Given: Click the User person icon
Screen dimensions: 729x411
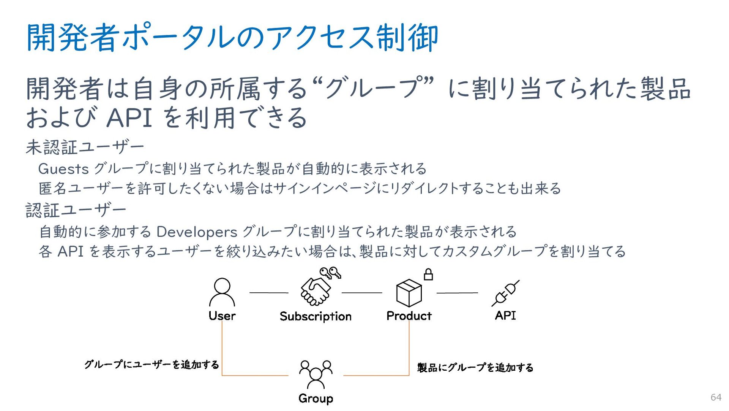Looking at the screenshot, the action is click(x=222, y=292).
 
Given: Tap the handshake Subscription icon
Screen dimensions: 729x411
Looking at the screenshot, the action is click(x=316, y=291).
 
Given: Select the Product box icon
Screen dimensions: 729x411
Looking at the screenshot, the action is click(x=409, y=293).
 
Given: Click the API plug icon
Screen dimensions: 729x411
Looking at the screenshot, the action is click(x=505, y=293).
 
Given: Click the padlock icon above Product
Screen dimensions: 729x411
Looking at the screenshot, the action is click(x=428, y=274).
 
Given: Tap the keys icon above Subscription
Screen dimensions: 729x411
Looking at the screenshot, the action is click(x=330, y=273).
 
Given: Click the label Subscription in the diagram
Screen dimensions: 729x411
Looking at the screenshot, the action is click(x=316, y=316).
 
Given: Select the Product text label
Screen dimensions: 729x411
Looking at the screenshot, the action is click(x=409, y=316).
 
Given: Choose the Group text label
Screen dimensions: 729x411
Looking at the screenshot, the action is click(x=316, y=398).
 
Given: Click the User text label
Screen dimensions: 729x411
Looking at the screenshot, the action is click(x=222, y=316).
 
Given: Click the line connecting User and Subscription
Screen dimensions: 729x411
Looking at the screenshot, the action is click(x=269, y=293).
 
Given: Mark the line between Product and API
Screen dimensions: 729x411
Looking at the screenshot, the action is click(x=457, y=293).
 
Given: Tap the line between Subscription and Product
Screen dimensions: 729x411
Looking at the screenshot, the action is click(x=362, y=293).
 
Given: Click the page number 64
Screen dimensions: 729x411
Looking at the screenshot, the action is click(x=716, y=397).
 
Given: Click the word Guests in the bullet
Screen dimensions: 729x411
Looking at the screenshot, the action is click(x=63, y=169).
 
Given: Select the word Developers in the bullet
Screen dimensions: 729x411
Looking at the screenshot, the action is click(x=197, y=232).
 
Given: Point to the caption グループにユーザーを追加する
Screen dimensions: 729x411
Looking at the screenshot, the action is click(x=151, y=365).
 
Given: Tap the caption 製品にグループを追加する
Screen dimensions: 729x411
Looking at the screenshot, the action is click(x=475, y=367).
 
